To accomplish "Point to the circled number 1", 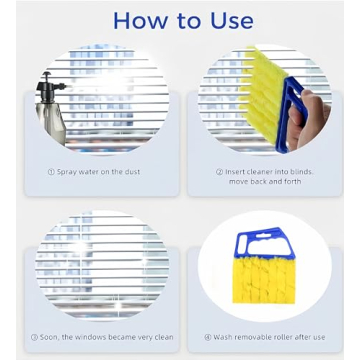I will click(51, 171).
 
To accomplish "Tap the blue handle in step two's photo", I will click(296, 110).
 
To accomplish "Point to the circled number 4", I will click(208, 336).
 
